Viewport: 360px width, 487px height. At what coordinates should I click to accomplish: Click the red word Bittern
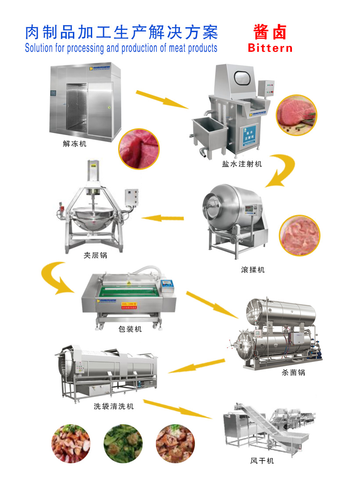[x=270, y=48]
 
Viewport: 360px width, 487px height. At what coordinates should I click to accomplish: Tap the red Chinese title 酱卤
[x=270, y=32]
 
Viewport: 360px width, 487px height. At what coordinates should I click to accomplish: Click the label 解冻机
[x=75, y=143]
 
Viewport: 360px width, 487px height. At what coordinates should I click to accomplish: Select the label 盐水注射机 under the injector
[x=242, y=164]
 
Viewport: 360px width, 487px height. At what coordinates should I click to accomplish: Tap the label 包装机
[x=130, y=329]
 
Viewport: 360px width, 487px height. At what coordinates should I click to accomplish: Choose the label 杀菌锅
[x=293, y=373]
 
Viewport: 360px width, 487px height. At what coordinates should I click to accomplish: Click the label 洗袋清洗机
[x=114, y=406]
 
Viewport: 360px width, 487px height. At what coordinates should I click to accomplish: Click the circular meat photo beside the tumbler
[x=299, y=235]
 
